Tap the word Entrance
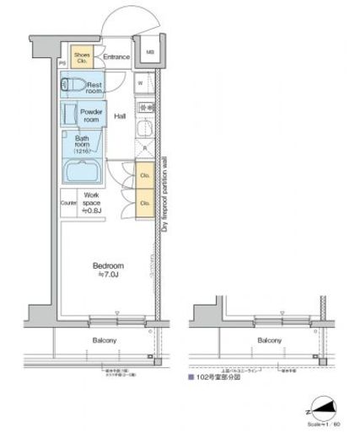click(116, 57)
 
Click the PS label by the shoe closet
click(62, 64)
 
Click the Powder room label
click(90, 115)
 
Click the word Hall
click(121, 117)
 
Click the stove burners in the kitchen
click(145, 108)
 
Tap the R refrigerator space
click(145, 149)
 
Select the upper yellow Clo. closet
click(144, 179)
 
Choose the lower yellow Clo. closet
click(144, 203)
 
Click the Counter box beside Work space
click(68, 203)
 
